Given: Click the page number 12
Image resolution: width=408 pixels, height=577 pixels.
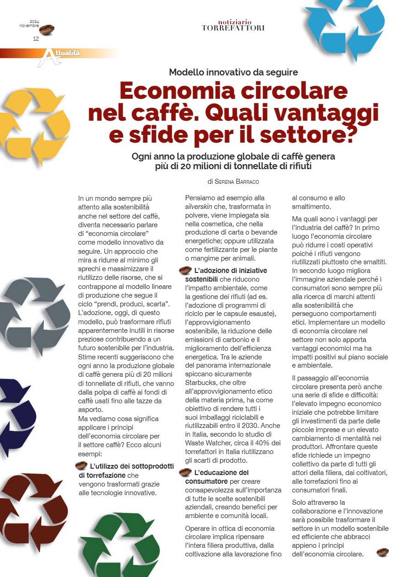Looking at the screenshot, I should (x=36, y=39).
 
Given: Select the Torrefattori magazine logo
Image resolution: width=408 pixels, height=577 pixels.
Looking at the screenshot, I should (x=233, y=25).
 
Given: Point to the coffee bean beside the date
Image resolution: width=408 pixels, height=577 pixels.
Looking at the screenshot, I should (x=47, y=30).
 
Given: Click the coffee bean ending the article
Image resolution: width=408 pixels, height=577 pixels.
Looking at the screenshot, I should (x=382, y=553).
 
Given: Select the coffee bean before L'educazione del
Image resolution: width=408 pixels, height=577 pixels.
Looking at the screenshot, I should (x=185, y=472).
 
